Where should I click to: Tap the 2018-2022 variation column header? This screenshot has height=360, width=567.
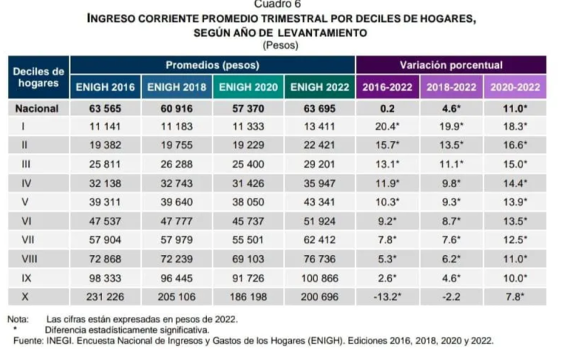[x=451, y=87]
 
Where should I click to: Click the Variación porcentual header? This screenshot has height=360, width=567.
[x=451, y=65]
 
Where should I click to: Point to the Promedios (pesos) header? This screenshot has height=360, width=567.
[x=212, y=65]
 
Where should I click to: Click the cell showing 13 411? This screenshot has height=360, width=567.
[x=320, y=128]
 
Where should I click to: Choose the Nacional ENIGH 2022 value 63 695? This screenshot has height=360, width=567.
[x=320, y=109]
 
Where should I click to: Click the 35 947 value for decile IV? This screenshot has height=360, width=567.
[x=320, y=183]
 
